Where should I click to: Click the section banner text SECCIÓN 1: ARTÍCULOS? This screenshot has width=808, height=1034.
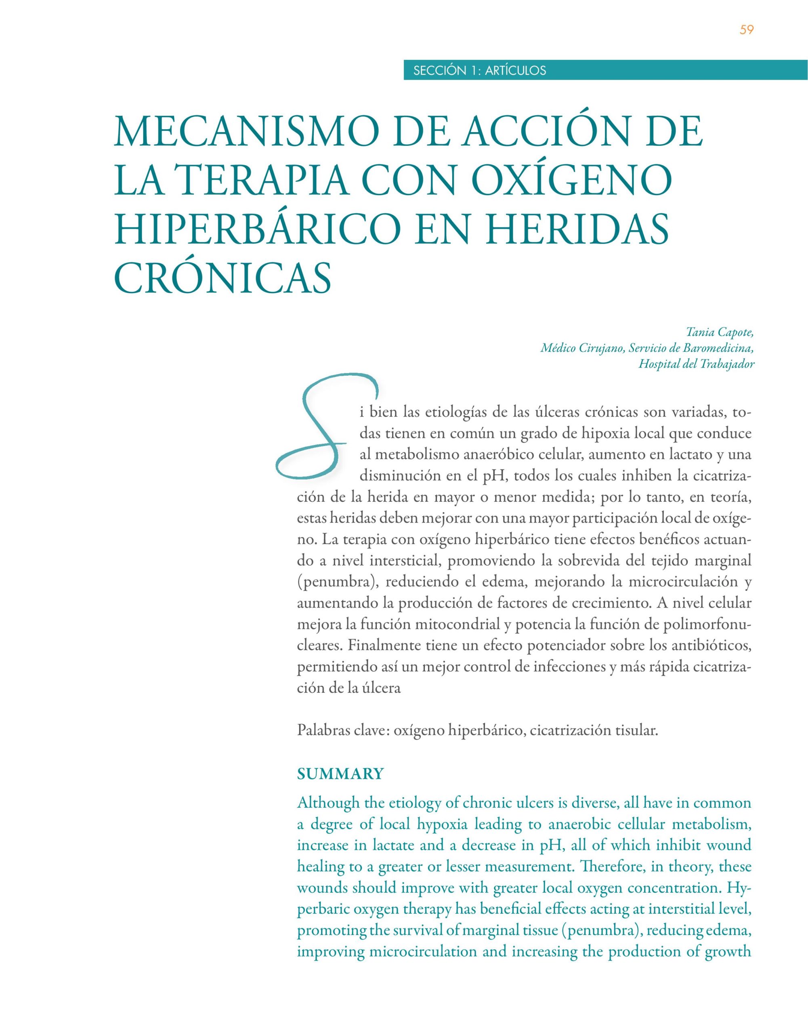pyautogui.click(x=479, y=71)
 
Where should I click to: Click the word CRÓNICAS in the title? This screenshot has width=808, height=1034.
pyautogui.click(x=222, y=278)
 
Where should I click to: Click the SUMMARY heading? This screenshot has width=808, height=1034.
pyautogui.click(x=340, y=774)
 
